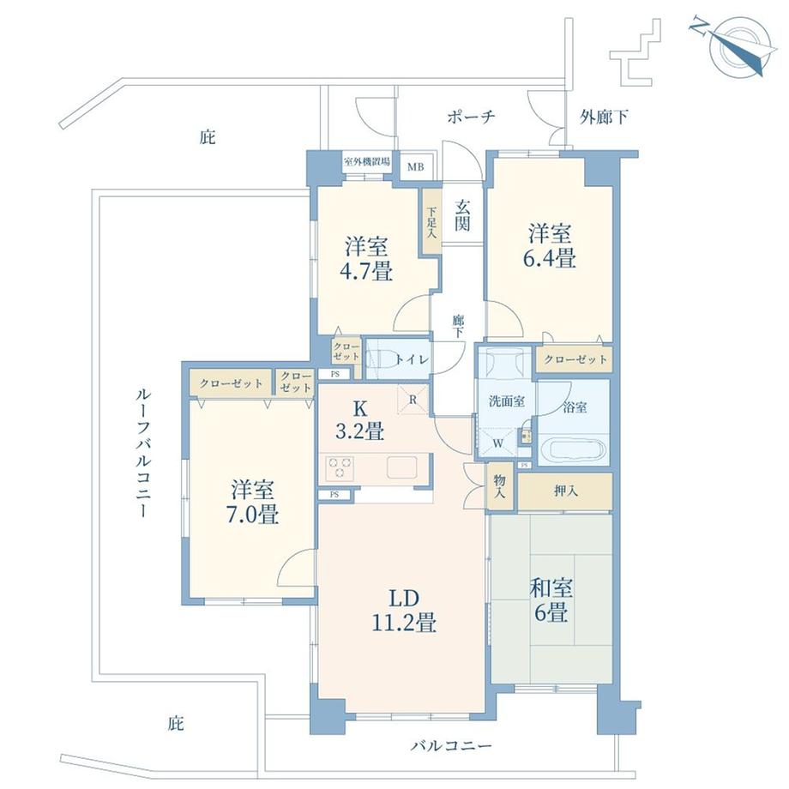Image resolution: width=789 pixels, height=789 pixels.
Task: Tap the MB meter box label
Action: click(416, 166)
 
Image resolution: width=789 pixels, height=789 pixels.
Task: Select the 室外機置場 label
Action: click(367, 161)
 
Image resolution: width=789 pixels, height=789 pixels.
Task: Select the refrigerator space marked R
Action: click(413, 399)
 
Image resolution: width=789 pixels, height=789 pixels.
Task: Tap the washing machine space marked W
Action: click(498, 443)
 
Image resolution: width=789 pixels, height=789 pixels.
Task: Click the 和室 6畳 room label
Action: click(551, 600)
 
